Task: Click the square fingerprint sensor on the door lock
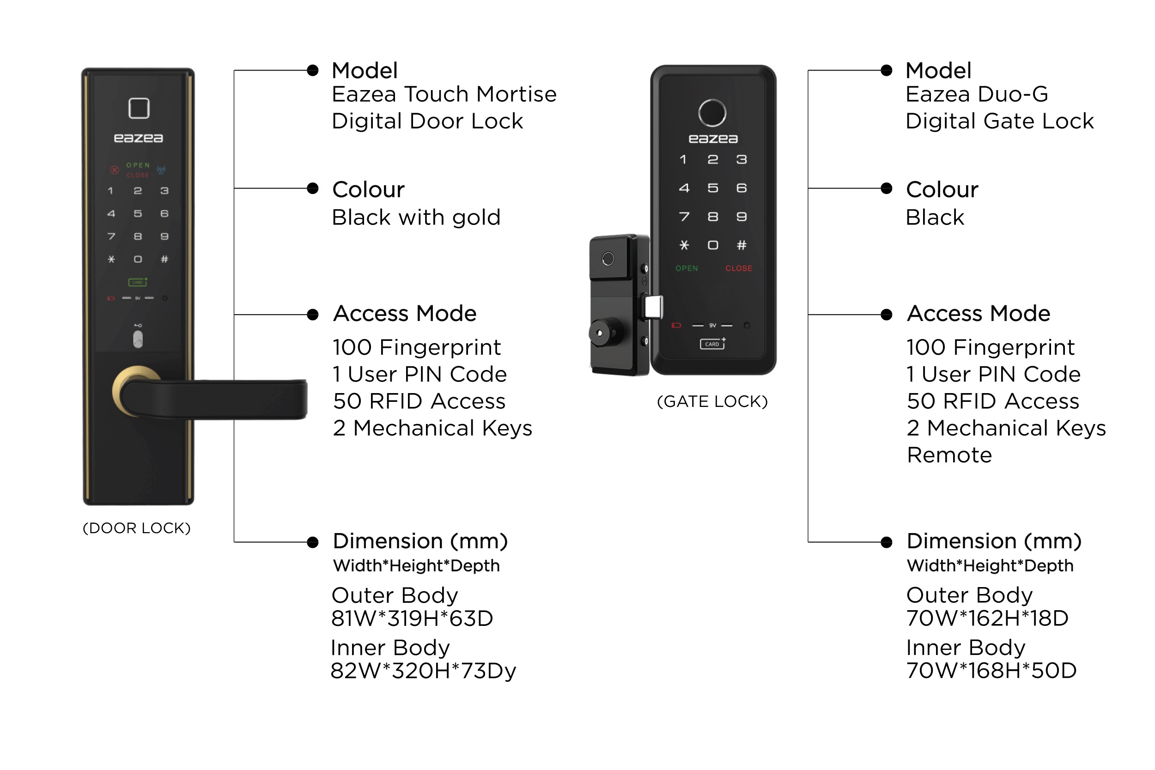point(139,108)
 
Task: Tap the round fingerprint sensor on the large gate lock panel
point(712,113)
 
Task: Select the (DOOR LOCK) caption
point(136,528)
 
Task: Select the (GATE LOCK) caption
point(712,401)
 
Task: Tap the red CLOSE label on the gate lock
point(739,268)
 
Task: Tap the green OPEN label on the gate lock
point(687,268)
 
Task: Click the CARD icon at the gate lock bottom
point(712,343)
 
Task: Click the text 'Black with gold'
point(416,218)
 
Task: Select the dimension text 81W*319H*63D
point(412,618)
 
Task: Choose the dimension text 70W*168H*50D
point(991,670)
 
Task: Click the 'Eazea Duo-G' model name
point(977,94)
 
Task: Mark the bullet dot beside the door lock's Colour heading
point(312,188)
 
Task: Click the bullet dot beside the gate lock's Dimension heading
point(887,542)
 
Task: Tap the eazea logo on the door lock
point(139,139)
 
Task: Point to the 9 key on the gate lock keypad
point(742,217)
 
